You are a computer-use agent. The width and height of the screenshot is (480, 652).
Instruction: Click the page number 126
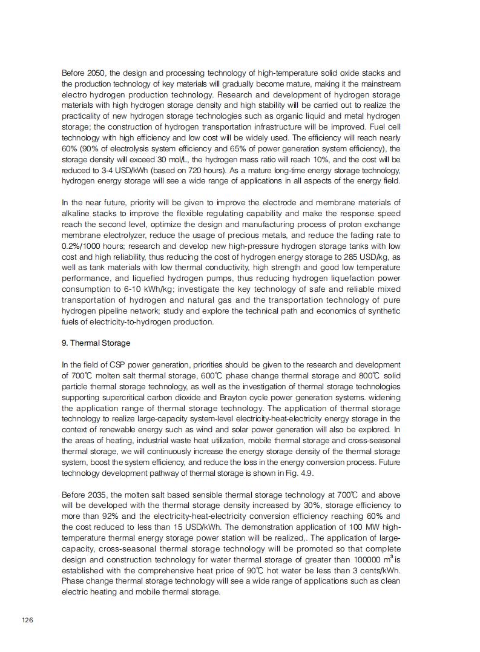(x=27, y=621)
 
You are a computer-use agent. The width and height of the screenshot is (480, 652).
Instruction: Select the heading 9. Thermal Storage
(x=96, y=343)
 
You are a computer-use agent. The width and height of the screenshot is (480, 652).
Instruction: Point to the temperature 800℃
(x=370, y=375)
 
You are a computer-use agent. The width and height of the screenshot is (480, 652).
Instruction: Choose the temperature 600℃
(x=212, y=375)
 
